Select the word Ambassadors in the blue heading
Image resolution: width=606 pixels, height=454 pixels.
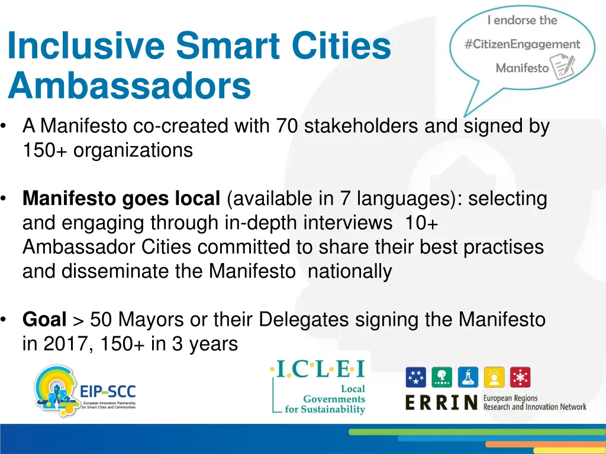point(130,87)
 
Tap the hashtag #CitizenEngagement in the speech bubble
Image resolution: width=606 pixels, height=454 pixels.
point(522,44)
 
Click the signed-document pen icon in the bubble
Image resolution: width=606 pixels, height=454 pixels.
point(562,67)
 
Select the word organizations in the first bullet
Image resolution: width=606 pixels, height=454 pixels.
point(133,150)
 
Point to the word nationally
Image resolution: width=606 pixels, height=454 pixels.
point(350,271)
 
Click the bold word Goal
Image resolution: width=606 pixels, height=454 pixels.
point(44,320)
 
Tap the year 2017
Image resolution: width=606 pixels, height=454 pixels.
point(63,344)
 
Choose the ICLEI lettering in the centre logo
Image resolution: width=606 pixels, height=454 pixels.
point(318,370)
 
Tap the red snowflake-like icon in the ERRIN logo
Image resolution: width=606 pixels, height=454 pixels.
point(520,377)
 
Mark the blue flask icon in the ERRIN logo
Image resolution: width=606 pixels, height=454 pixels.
point(468,377)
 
